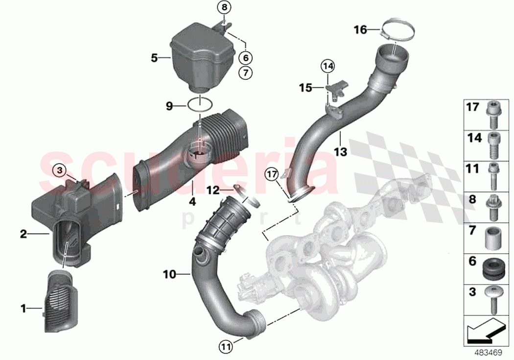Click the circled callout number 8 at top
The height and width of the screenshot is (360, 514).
coord(225,7)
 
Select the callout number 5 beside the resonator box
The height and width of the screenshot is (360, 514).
coord(154,58)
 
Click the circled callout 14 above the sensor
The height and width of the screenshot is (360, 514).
coord(327,65)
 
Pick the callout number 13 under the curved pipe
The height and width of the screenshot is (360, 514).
coord(341,152)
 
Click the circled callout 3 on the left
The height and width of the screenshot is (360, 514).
coord(59,170)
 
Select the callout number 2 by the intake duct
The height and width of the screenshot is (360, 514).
coord(23,234)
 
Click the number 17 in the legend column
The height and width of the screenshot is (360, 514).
coord(472,106)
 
